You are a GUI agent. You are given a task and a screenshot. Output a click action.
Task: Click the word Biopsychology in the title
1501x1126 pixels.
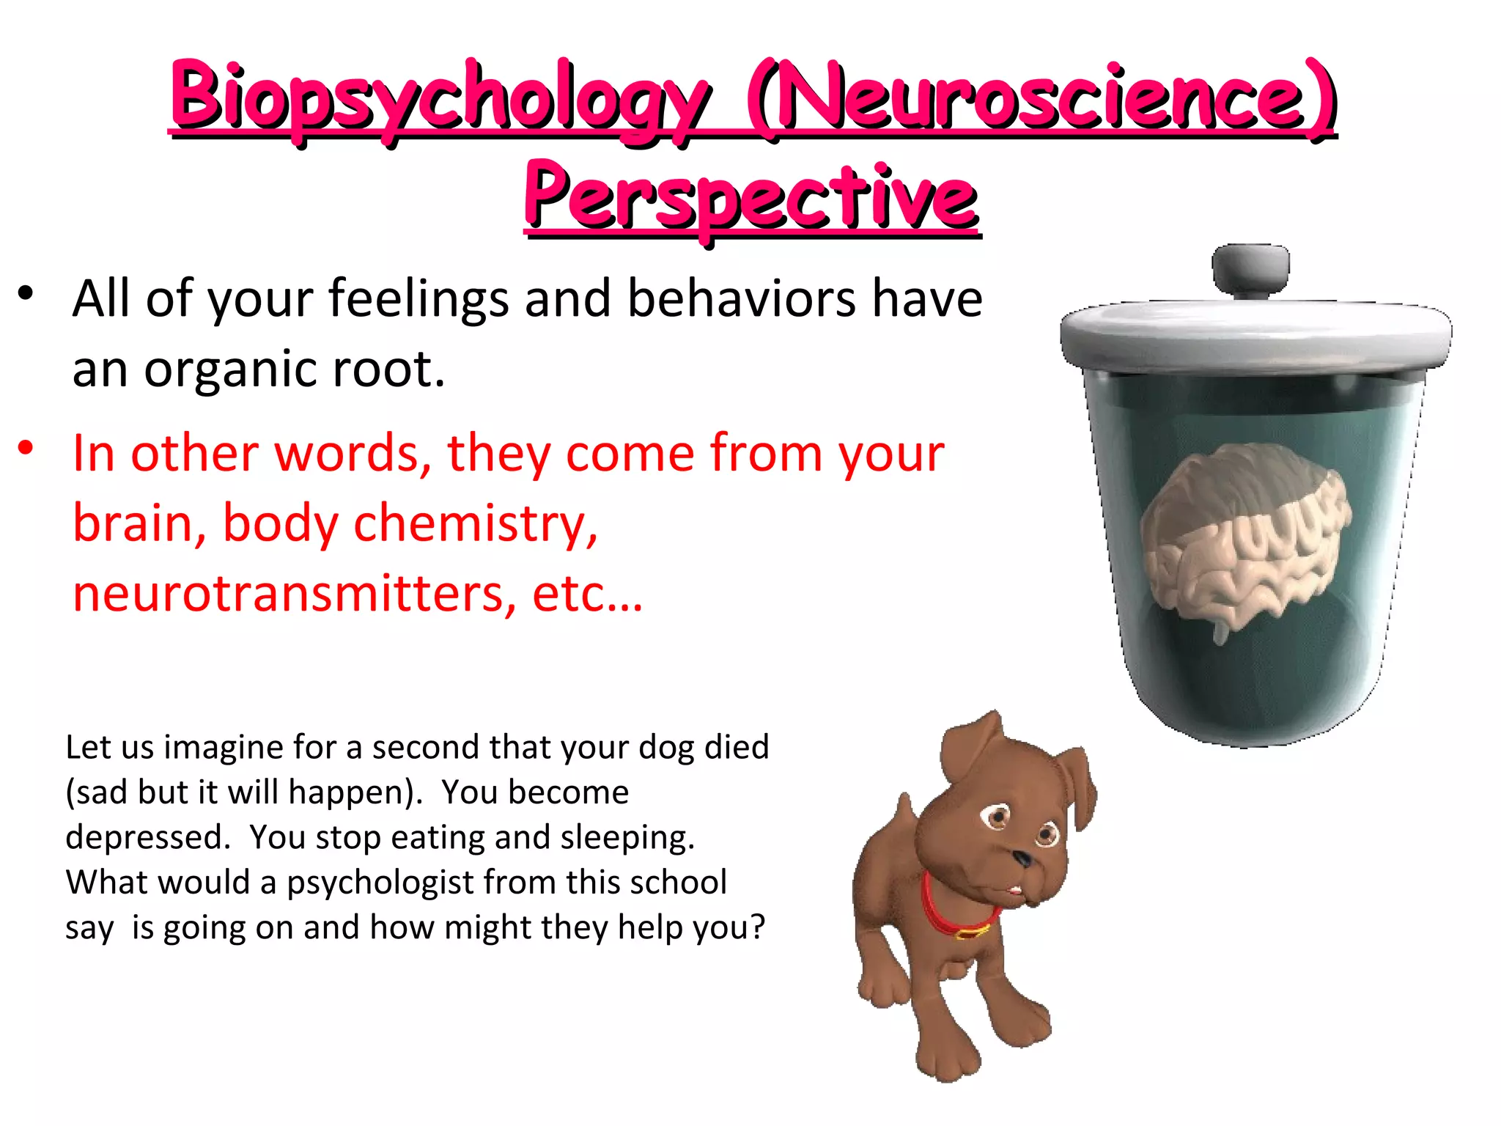tap(440, 99)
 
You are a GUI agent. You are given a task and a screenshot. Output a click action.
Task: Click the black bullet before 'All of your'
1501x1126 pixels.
tap(26, 294)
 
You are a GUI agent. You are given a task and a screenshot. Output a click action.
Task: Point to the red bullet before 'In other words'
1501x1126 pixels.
tap(26, 448)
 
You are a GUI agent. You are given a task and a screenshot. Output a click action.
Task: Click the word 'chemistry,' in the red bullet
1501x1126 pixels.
tap(476, 525)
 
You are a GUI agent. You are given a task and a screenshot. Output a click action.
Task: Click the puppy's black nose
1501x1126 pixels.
tap(1022, 858)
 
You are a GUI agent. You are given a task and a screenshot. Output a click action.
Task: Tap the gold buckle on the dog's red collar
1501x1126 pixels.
tap(972, 932)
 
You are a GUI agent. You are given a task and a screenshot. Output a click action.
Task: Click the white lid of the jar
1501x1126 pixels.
tap(1255, 334)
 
